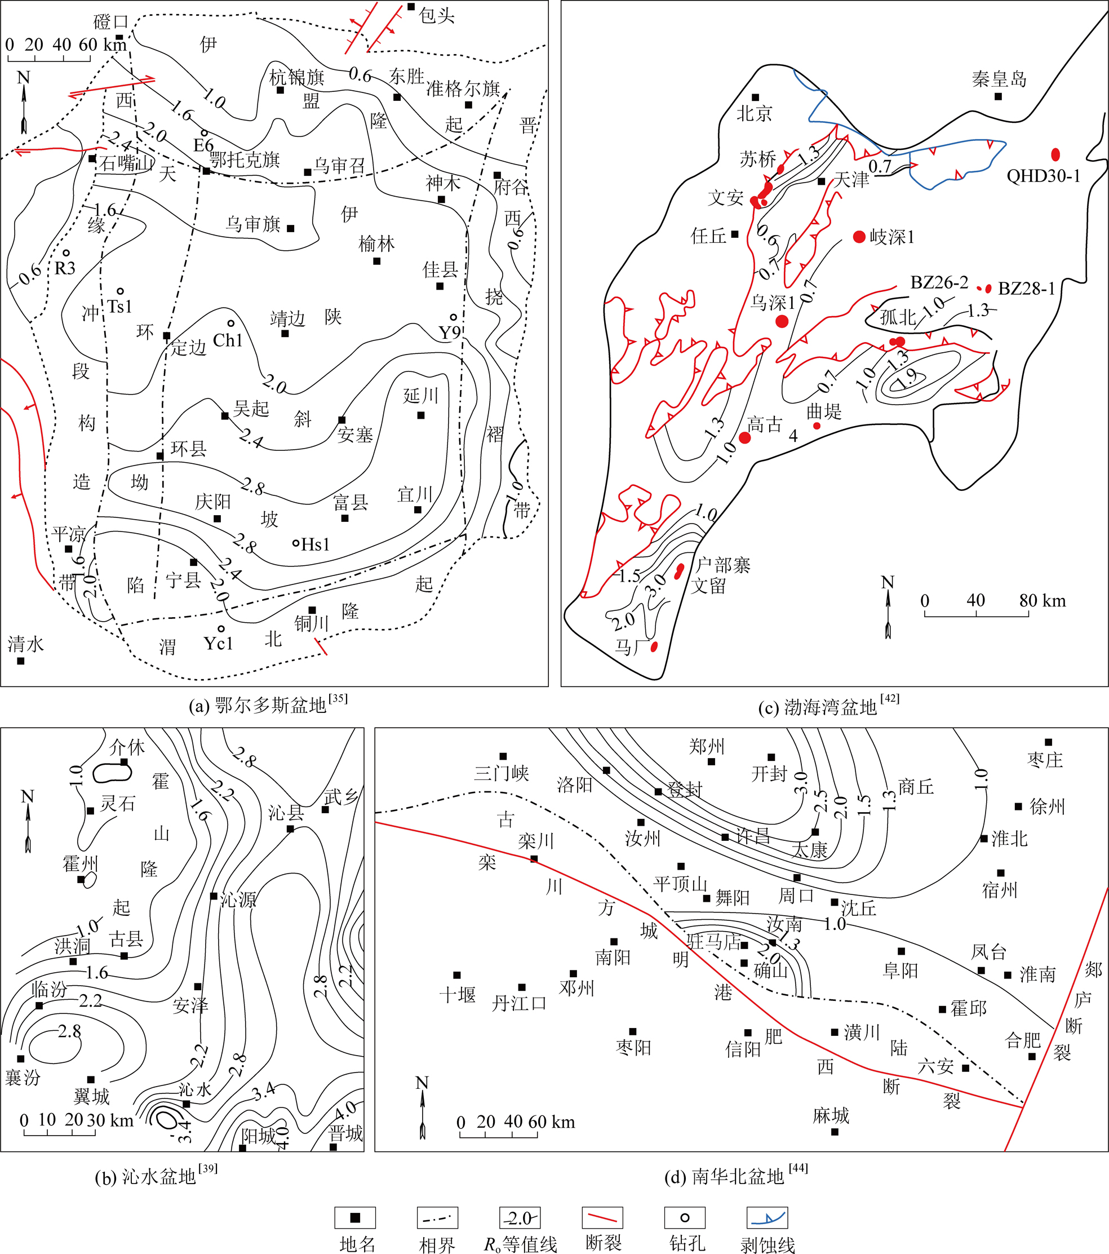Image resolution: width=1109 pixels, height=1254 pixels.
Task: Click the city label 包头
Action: click(437, 15)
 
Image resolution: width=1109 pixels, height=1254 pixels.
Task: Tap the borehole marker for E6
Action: click(203, 132)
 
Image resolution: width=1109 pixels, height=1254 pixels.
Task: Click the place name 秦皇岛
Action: click(999, 79)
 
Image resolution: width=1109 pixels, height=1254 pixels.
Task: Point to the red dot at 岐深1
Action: click(859, 237)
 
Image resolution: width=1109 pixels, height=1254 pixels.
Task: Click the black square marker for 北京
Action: click(755, 98)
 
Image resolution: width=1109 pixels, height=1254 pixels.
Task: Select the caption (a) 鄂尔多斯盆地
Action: click(268, 705)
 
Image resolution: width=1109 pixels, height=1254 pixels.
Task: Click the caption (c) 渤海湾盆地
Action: click(829, 706)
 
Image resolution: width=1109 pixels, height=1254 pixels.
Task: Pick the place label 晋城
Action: click(346, 1133)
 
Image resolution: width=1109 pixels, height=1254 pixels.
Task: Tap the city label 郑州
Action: click(707, 747)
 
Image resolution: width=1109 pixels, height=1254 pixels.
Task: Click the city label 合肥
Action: click(1023, 1040)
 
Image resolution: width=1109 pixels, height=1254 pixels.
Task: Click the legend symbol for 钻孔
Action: click(685, 1218)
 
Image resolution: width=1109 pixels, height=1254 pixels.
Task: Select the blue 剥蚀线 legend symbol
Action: click(767, 1218)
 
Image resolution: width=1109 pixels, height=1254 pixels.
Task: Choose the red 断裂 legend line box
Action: click(602, 1218)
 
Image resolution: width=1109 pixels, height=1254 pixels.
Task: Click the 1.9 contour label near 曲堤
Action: click(908, 377)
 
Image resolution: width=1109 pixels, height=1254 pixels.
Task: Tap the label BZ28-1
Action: click(1026, 289)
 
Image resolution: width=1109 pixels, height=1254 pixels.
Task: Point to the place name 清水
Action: click(26, 644)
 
